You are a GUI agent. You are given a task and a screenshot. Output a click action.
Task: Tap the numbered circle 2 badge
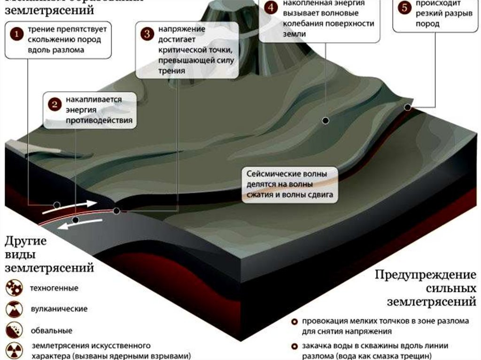tap(55, 105)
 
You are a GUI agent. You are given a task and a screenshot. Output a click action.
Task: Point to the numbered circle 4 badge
tap(270, 8)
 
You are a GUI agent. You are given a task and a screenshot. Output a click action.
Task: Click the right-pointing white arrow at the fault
tap(85, 205)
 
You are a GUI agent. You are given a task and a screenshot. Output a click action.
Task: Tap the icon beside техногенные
tap(14, 288)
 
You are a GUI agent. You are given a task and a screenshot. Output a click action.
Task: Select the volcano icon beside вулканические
tap(14, 309)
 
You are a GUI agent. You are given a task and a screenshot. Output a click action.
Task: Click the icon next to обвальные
tap(14, 329)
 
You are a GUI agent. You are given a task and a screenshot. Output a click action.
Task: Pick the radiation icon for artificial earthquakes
tap(14, 350)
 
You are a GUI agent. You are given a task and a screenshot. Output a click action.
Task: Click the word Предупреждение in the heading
tap(426, 275)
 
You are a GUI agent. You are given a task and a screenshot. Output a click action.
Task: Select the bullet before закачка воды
tap(295, 346)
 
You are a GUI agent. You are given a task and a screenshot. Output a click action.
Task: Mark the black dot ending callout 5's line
tap(407, 107)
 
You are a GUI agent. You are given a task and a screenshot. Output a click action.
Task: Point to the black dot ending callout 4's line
tap(325, 121)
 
